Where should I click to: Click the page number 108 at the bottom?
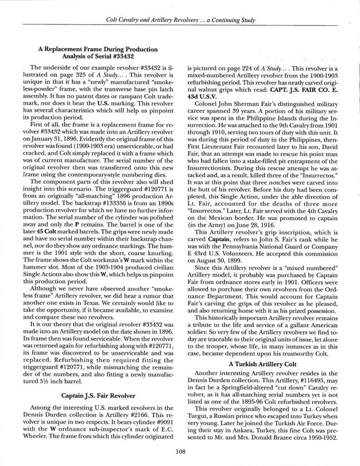(x=180, y=451)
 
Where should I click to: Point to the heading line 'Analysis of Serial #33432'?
(x=97, y=56)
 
